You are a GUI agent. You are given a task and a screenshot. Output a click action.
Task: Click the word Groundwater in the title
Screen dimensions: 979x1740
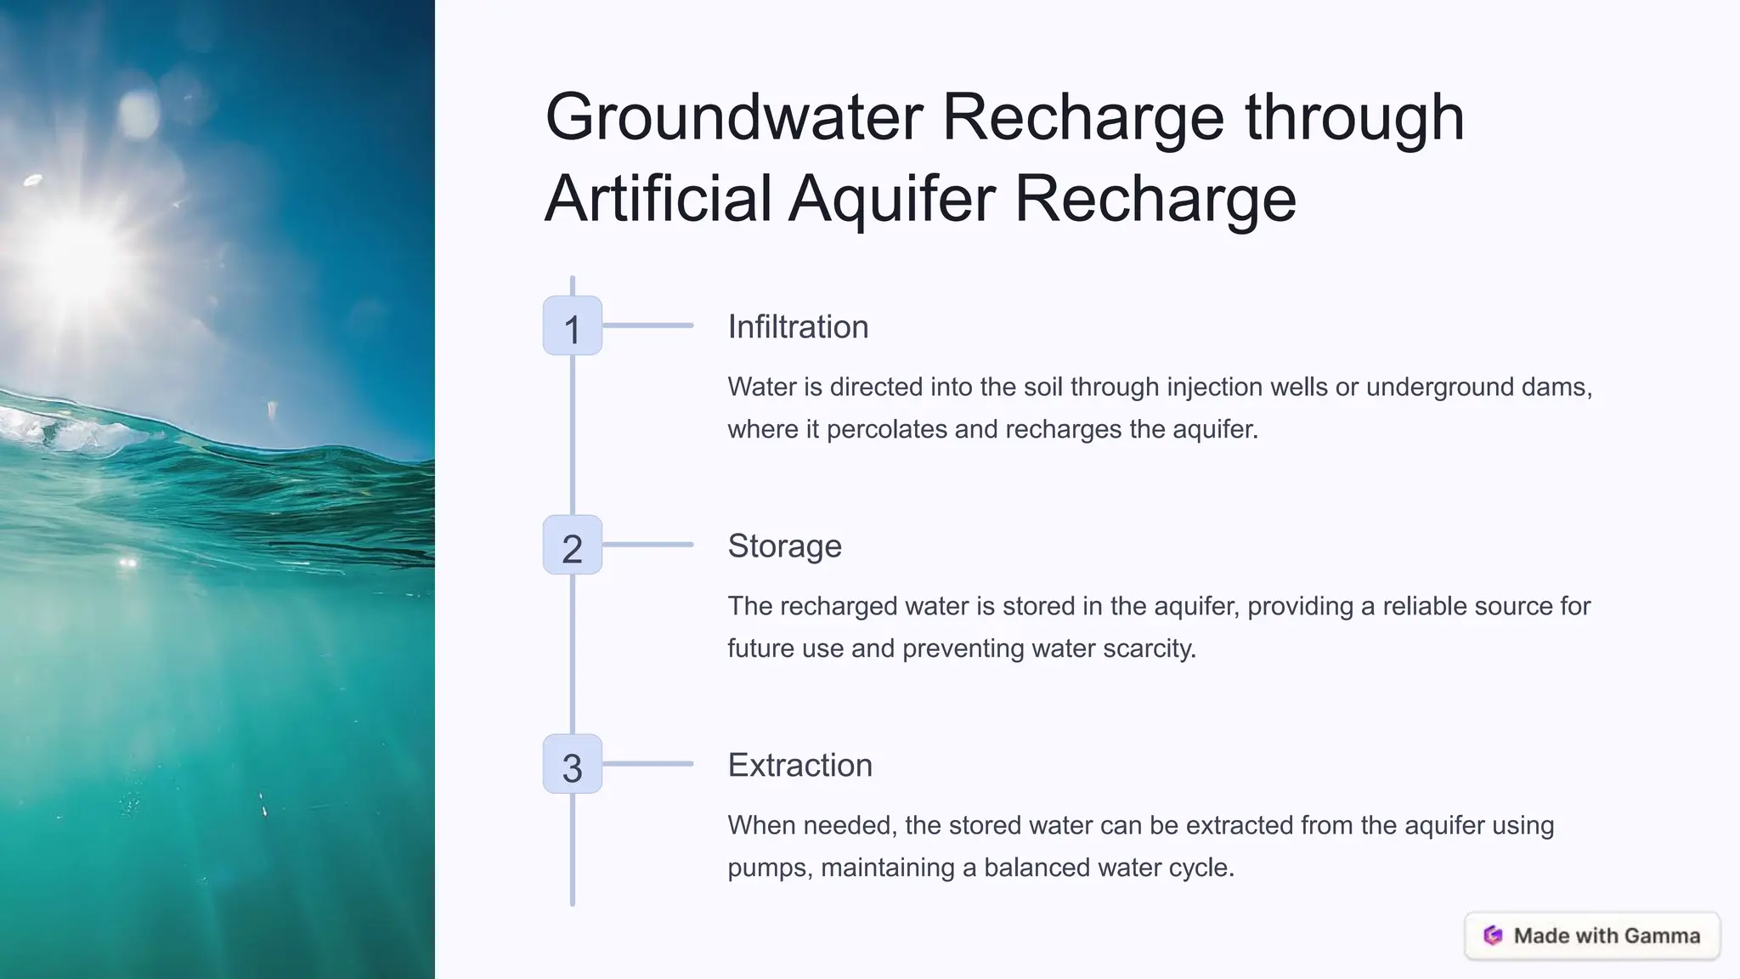(734, 117)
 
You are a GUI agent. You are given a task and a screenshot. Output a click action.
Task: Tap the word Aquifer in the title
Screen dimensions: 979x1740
(891, 199)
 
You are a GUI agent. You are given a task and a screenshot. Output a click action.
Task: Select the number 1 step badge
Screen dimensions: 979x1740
(573, 326)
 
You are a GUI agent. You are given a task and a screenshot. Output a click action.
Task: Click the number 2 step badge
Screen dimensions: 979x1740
(573, 546)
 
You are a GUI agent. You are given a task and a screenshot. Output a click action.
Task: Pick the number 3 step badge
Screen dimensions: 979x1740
(573, 765)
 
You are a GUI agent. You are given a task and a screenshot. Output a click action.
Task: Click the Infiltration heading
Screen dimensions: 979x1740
(798, 327)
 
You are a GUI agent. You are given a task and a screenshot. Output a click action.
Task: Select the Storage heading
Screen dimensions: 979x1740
(784, 546)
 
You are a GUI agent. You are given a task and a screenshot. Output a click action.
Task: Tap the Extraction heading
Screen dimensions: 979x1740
(799, 766)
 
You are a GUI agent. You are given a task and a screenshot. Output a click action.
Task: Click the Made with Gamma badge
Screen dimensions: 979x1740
(1592, 936)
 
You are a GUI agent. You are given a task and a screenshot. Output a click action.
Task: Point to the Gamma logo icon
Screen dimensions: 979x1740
(1493, 936)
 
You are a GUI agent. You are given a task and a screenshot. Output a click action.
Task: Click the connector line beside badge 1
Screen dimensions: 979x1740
(648, 325)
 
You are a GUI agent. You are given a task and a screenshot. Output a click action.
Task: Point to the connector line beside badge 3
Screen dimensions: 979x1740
(648, 764)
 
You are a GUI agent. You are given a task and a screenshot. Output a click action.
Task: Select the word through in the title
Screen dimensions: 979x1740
(1354, 117)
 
